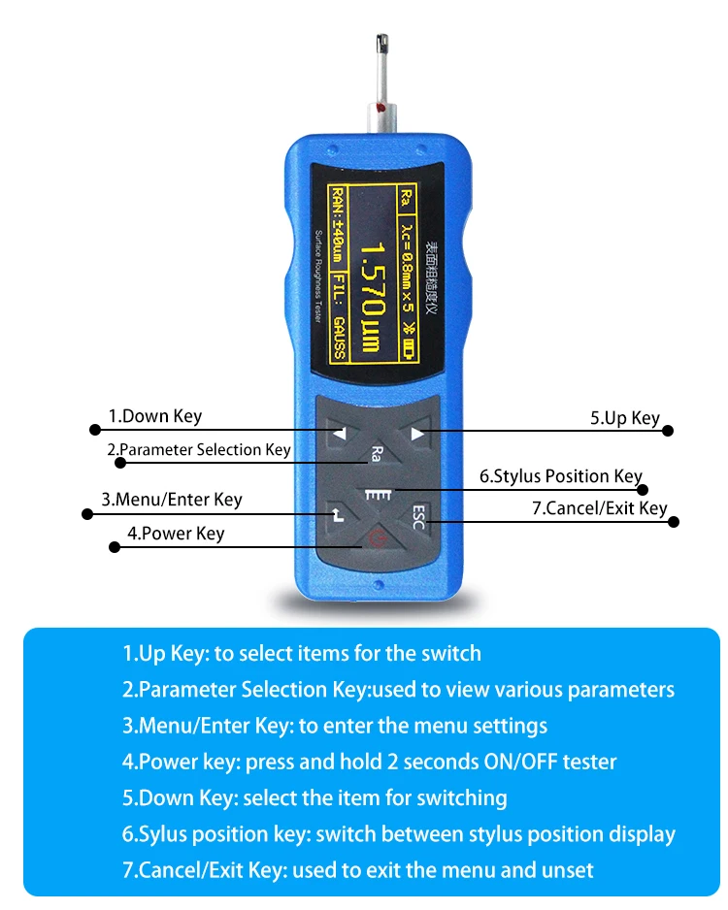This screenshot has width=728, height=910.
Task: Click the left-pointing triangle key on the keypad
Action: pos(340,436)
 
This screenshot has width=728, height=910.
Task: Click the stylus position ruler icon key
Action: pos(377,495)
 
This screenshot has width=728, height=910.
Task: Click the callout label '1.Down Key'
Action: pos(154,416)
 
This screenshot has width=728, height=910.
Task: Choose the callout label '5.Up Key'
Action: pos(624,418)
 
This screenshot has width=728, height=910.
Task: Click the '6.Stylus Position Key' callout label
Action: pos(560,476)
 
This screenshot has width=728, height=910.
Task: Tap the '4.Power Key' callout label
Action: pos(176,533)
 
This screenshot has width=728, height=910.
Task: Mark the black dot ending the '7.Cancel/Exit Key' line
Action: pos(675,522)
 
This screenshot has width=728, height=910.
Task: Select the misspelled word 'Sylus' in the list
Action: pos(161,833)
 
